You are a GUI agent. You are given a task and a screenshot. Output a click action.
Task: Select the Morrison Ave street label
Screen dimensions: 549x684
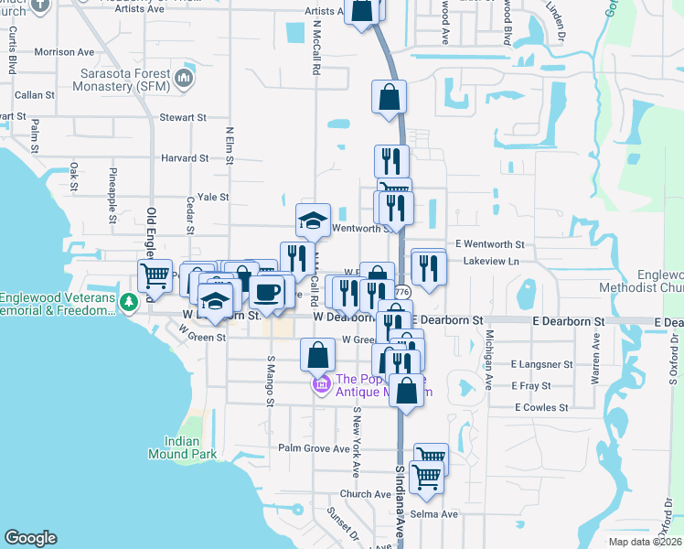pyautogui.click(x=65, y=52)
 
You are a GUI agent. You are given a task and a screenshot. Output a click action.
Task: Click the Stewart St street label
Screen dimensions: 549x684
pyautogui.click(x=183, y=118)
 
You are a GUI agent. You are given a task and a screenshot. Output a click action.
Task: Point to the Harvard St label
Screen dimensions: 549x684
pyautogui.click(x=186, y=158)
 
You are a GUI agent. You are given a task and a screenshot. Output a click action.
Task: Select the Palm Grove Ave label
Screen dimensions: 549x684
pyautogui.click(x=315, y=448)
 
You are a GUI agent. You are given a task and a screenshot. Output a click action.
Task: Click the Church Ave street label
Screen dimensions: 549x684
pyautogui.click(x=365, y=494)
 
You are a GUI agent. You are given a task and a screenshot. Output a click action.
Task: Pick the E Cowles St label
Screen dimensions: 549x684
pyautogui.click(x=541, y=407)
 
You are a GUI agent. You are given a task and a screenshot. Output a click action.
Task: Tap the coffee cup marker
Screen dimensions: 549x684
pyautogui.click(x=267, y=292)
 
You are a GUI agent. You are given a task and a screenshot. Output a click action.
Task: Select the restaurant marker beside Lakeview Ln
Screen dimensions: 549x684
pyautogui.click(x=428, y=267)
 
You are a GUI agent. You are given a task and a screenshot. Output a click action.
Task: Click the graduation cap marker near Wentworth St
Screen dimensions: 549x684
pyautogui.click(x=313, y=221)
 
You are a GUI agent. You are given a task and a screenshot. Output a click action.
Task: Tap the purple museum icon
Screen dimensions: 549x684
pyautogui.click(x=321, y=385)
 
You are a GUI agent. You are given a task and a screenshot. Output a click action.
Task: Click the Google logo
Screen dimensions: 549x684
pyautogui.click(x=30, y=538)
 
